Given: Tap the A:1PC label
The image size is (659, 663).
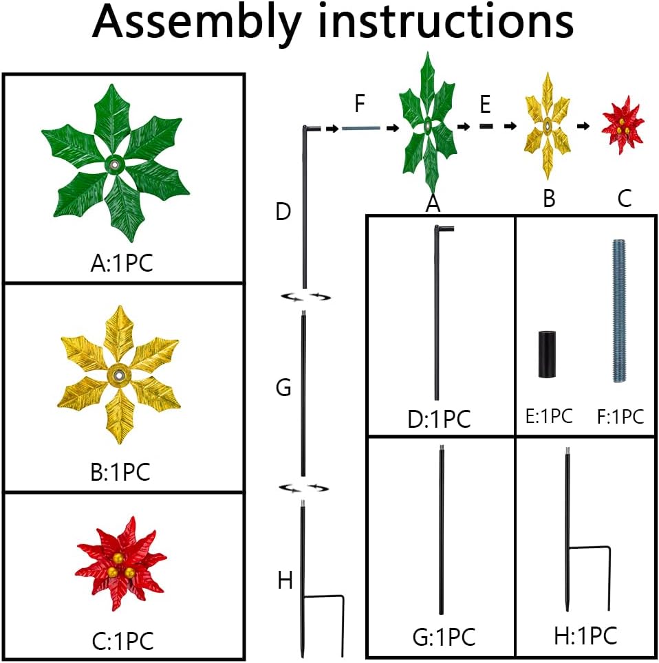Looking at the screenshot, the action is tap(122, 263).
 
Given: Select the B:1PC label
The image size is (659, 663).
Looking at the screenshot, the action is tap(120, 472).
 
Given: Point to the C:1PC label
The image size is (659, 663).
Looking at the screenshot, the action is tap(122, 641).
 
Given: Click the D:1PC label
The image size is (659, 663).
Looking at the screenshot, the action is tap(440, 420).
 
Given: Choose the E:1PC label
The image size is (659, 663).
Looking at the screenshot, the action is tap(549, 417).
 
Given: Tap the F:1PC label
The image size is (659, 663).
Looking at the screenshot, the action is tap(620, 417).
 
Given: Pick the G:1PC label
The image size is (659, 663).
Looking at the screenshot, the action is tap(444, 637).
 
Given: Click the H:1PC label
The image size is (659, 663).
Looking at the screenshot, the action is tap(586, 635).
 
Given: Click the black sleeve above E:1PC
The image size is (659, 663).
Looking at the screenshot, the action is tap(547, 354).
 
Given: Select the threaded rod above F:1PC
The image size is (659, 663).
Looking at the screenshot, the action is tap(620, 311).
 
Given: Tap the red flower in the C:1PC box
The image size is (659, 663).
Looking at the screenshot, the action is tap(121, 564).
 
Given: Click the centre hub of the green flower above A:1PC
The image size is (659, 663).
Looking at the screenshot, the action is tap(114, 165).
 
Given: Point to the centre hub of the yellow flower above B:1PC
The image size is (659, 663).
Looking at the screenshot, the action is tap(119, 375).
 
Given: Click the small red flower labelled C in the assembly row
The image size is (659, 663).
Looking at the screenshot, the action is tap(623, 125).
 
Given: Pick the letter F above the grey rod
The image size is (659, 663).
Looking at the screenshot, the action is tap(360, 104).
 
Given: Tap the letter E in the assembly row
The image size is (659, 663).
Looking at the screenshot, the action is tap(485, 104).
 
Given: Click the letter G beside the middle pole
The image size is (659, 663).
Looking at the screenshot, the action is tap(283, 387).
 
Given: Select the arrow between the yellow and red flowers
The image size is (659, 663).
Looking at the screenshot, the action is tap(584, 126).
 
